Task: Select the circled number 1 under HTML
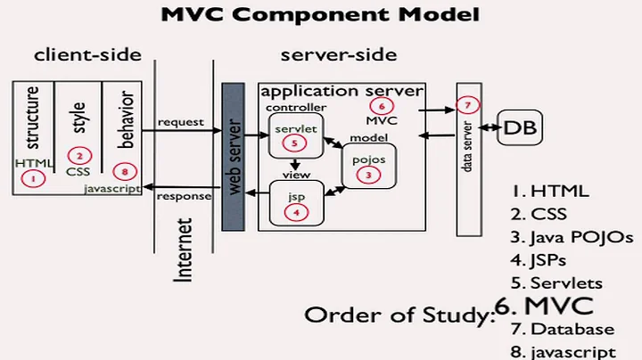[x=33, y=179]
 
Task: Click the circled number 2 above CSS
[x=78, y=154]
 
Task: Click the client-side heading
[x=87, y=55]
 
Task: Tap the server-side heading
[x=339, y=55]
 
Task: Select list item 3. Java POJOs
[x=572, y=237]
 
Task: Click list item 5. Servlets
[x=557, y=283]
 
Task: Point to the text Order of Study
[x=399, y=315]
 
